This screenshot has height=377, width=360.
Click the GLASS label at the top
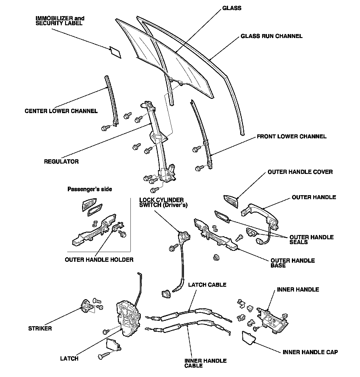[x=232, y=8]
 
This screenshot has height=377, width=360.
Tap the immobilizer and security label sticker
[x=115, y=52]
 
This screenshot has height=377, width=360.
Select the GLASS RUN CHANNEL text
[x=272, y=36]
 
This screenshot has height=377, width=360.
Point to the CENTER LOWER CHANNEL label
[x=61, y=111]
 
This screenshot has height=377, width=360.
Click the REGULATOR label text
[x=61, y=161]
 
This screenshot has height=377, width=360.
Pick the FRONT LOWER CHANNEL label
[x=291, y=137]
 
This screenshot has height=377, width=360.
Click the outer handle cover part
[x=231, y=201]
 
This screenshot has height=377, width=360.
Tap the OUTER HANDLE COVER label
[x=300, y=172]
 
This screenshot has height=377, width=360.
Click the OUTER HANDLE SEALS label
[x=311, y=240]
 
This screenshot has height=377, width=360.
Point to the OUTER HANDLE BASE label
[x=292, y=263]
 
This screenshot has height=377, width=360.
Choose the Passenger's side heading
[x=89, y=189]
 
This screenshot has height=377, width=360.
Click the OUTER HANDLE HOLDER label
[x=99, y=260]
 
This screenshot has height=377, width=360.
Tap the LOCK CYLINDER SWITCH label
[x=163, y=202]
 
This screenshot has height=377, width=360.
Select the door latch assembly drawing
[x=128, y=318]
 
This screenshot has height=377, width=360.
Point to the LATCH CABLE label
[x=207, y=285]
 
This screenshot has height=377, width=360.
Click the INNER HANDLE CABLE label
[x=205, y=363]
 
